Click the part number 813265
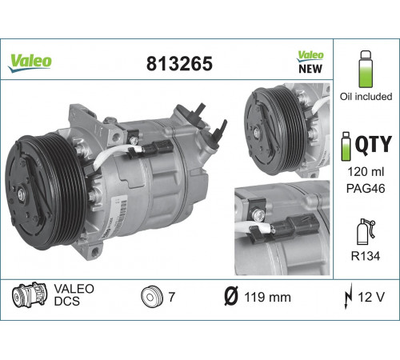pyautogui.click(x=179, y=64)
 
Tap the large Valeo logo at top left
pyautogui.click(x=30, y=63)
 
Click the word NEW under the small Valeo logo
pyautogui.click(x=310, y=69)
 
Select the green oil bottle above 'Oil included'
pyautogui.click(x=366, y=70)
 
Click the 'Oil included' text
pyautogui.click(x=366, y=97)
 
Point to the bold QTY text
pyautogui.click(x=374, y=144)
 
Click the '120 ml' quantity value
pyautogui.click(x=366, y=172)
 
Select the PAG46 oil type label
pyautogui.click(x=366, y=189)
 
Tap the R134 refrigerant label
pyautogui.click(x=366, y=256)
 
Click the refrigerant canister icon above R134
pyautogui.click(x=366, y=231)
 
